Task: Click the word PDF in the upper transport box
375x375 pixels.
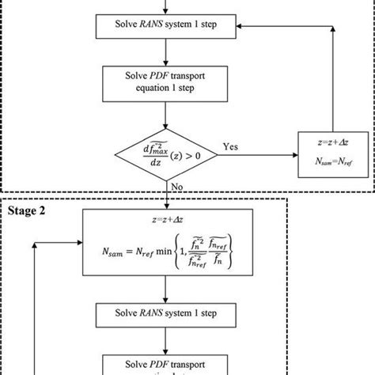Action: pyautogui.click(x=154, y=78)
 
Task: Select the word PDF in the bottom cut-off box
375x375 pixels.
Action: pyautogui.click(x=154, y=366)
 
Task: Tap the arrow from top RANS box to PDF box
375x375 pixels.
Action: pyautogui.click(x=165, y=51)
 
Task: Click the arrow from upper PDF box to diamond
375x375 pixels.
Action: pyautogui.click(x=165, y=116)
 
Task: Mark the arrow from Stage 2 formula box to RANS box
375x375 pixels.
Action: pyautogui.click(x=165, y=293)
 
